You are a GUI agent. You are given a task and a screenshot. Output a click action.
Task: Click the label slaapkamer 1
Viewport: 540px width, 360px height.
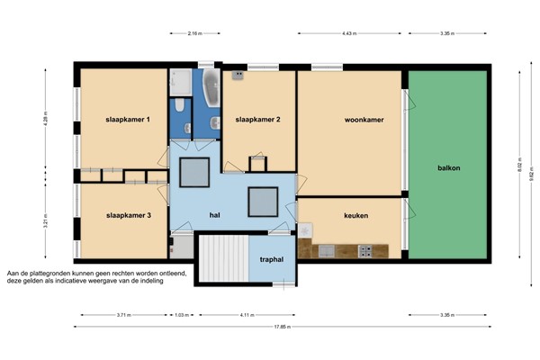click(x=129, y=120)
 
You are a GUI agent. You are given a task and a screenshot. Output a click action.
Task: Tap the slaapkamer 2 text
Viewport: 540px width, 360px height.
click(x=259, y=120)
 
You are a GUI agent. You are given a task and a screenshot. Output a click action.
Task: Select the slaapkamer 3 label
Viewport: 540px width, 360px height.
click(x=129, y=216)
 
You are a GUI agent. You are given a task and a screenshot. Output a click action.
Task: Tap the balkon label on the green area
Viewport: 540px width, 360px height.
click(x=449, y=168)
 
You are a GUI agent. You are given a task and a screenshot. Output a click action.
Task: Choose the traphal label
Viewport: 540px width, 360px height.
click(x=271, y=260)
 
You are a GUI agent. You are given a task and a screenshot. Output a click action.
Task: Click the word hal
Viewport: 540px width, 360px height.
click(x=215, y=216)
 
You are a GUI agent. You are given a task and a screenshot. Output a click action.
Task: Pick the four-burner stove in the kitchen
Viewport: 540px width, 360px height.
click(x=365, y=249)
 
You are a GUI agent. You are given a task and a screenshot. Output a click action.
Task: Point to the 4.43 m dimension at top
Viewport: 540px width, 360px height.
click(x=350, y=33)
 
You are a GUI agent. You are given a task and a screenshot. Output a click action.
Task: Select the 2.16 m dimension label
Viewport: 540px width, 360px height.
click(x=194, y=33)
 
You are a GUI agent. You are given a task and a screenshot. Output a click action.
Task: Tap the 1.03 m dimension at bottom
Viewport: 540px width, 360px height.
click(x=181, y=315)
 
